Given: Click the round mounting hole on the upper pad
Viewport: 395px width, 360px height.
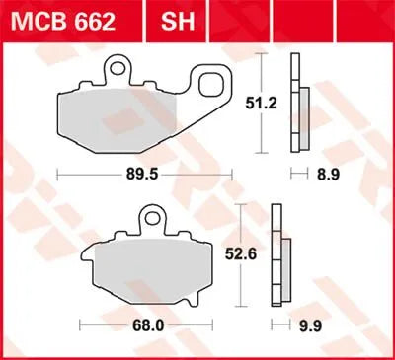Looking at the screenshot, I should [119, 68].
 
